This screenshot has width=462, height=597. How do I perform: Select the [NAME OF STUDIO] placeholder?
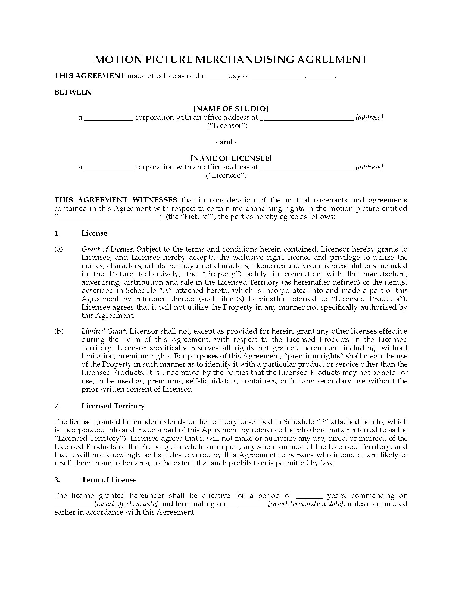click(231, 109)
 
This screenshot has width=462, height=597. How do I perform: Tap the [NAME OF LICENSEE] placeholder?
click(231, 158)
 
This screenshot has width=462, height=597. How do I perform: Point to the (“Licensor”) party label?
click(227, 125)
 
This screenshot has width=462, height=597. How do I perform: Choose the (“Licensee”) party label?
click(226, 175)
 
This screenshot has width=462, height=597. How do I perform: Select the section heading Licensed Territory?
click(113, 406)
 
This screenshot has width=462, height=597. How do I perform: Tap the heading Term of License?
click(109, 480)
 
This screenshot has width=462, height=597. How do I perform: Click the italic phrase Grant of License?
click(107, 249)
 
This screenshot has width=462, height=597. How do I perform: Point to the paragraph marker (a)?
click(59, 249)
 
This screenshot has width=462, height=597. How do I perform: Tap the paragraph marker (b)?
click(59, 331)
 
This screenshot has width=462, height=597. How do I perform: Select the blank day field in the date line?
click(217, 76)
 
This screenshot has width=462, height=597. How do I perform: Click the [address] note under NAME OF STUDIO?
click(369, 117)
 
